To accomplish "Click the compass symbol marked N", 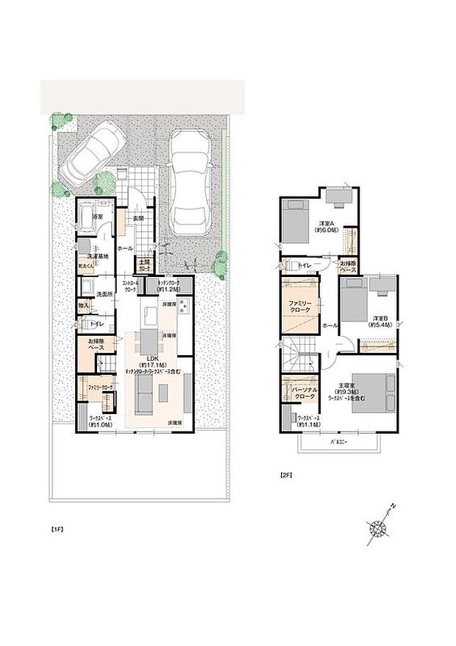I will pos(380,525).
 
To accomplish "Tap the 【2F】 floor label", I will pos(286,475).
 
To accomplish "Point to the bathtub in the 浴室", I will pos(86,219).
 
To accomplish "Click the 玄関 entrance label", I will pos(138,219).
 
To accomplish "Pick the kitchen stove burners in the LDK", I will pos(182,307).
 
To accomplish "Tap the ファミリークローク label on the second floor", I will pos(299,305).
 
